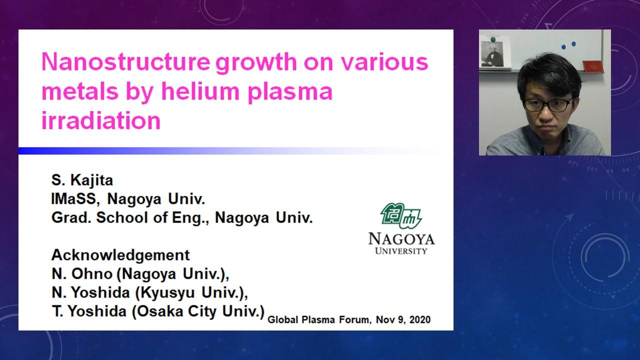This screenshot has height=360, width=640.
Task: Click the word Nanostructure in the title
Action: click(x=126, y=61)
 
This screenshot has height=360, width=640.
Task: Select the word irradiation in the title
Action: click(x=101, y=120)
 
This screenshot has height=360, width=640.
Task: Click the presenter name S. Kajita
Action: click(x=82, y=180)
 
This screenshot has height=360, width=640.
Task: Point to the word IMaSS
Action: click(x=75, y=199)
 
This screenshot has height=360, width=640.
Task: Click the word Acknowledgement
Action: click(x=120, y=255)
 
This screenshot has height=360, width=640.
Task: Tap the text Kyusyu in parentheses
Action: click(x=167, y=293)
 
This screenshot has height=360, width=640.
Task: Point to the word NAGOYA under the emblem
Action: click(x=401, y=239)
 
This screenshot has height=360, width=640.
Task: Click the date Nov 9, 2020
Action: click(x=403, y=319)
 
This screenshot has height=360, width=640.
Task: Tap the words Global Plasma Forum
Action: click(x=319, y=319)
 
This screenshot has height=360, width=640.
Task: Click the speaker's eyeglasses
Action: click(x=547, y=105)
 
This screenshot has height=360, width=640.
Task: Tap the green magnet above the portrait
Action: click(x=493, y=39)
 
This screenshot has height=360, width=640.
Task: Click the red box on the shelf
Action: click(x=593, y=67)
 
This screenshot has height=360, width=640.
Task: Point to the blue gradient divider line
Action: click(x=228, y=151)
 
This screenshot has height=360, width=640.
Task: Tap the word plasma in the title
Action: click(x=290, y=92)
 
